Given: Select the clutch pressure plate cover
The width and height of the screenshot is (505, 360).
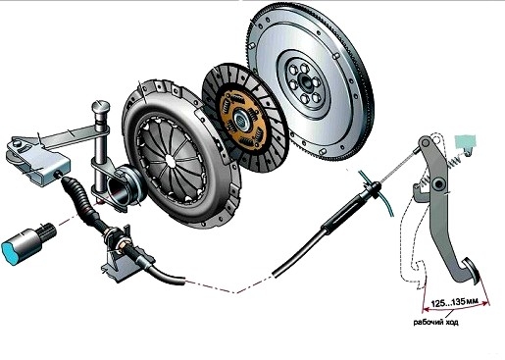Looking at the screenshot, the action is tap(180, 153).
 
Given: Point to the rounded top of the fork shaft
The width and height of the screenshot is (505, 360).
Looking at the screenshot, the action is tap(101, 107).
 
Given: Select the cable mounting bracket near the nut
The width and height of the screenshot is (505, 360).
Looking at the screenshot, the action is tap(115, 262).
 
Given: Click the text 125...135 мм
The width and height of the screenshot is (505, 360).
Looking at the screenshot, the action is tap(452, 303).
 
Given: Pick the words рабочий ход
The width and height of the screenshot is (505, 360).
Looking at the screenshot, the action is tap(436, 322).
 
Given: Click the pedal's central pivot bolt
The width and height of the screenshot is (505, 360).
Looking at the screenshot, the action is tap(438, 184).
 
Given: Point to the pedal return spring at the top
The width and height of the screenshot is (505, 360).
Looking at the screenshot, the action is tap(454, 161).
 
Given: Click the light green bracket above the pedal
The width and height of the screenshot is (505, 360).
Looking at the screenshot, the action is tap(466, 142).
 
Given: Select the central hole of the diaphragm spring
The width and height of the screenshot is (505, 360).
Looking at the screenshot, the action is tap(169, 161).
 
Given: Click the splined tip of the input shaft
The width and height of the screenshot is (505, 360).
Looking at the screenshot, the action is tap(49, 230).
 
